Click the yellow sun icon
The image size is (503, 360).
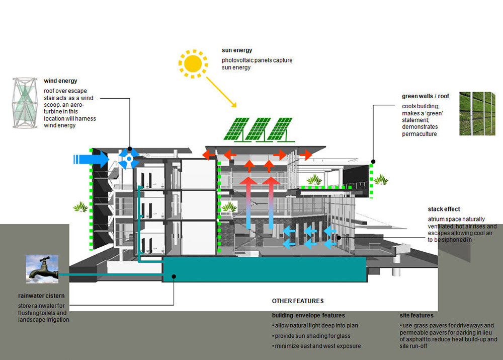(x=193, y=63)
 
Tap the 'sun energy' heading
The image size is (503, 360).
(x=237, y=50)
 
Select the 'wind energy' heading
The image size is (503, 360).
(x=60, y=81)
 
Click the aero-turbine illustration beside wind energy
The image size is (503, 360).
(x=25, y=103)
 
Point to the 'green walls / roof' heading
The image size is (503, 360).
(x=426, y=96)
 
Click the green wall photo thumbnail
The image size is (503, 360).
(x=477, y=113)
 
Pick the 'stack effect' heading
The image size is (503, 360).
(x=444, y=209)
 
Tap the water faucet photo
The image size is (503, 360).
(x=42, y=269)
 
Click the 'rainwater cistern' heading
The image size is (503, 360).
(x=41, y=296)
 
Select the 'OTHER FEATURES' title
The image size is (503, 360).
(x=298, y=301)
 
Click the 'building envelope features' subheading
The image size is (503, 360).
(x=308, y=315)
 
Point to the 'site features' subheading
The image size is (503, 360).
(x=416, y=315)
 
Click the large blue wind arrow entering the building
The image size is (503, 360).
(x=92, y=159)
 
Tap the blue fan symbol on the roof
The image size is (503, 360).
(x=129, y=158)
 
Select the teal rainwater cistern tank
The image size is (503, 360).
(x=265, y=269)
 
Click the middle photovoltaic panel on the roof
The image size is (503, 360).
(x=258, y=129)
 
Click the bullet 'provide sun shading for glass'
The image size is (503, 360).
(x=311, y=336)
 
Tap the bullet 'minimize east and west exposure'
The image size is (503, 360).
(x=316, y=346)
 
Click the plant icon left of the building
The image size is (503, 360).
(x=80, y=207)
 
